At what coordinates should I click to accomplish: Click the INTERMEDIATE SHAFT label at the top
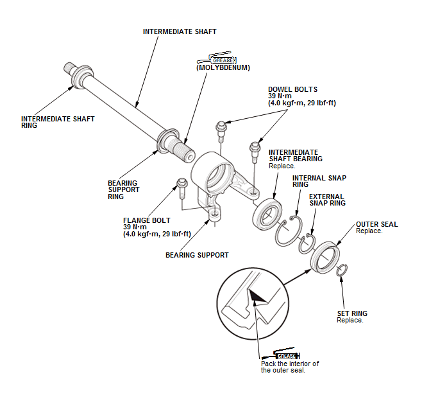click(x=180, y=32)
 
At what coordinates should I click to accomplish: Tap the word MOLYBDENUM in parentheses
click(x=223, y=67)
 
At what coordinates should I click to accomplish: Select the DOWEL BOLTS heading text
click(x=293, y=89)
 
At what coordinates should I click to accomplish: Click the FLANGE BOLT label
click(x=147, y=220)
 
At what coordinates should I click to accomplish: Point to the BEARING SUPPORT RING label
click(x=124, y=189)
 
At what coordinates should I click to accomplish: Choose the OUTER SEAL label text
click(x=377, y=224)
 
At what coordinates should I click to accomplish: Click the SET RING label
click(x=352, y=313)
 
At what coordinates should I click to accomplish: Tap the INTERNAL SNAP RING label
click(x=319, y=181)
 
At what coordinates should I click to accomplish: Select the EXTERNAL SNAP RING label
click(x=327, y=200)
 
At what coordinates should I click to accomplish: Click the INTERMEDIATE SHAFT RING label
click(x=58, y=122)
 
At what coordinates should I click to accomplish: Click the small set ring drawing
click(x=342, y=270)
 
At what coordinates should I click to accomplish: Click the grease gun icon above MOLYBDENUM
click(x=217, y=58)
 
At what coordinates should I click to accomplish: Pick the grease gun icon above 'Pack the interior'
click(x=281, y=354)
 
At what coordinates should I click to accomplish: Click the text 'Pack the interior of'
click(x=290, y=364)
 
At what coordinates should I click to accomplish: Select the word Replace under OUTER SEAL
click(x=369, y=231)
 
